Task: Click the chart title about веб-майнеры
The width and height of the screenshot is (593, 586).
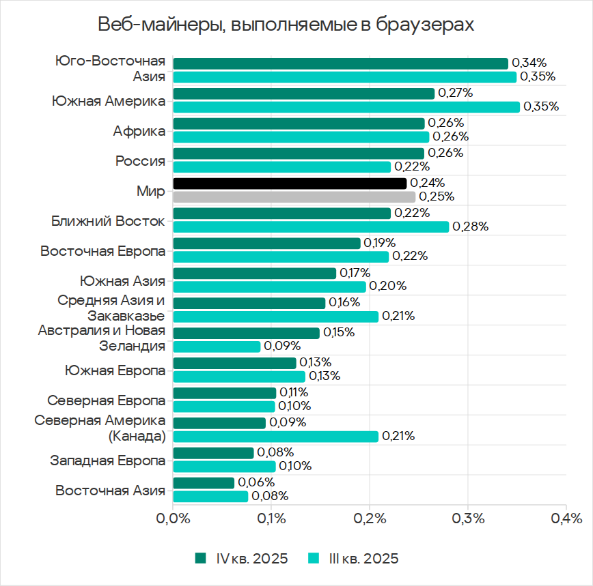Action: click(x=286, y=25)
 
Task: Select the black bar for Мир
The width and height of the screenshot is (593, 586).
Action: click(x=290, y=184)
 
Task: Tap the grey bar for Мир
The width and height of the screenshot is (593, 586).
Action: click(x=294, y=197)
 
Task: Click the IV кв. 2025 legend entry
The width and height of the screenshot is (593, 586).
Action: click(x=243, y=558)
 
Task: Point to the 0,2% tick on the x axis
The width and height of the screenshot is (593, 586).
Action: click(x=369, y=519)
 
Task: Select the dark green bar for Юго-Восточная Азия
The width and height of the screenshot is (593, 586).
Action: click(x=340, y=63)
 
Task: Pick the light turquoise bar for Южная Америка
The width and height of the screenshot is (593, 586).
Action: click(x=346, y=107)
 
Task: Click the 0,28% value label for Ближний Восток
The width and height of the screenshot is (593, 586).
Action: click(x=471, y=227)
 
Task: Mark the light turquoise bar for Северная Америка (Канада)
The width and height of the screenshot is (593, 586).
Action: click(x=275, y=437)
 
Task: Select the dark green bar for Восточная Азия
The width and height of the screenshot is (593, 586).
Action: click(x=204, y=483)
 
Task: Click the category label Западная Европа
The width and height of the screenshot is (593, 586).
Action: click(x=108, y=460)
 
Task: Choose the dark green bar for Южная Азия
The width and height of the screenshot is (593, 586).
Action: click(x=255, y=274)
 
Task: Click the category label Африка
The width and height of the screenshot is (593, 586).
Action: click(x=139, y=131)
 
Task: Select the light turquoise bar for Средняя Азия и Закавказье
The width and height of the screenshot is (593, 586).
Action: click(x=275, y=317)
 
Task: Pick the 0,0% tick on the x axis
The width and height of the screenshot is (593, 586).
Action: click(x=173, y=519)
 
